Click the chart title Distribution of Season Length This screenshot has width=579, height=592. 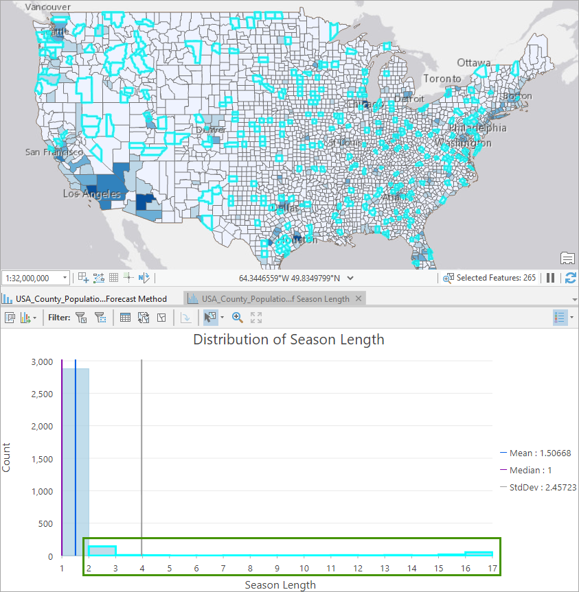point(288,340)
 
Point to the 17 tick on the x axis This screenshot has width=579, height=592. point(492,568)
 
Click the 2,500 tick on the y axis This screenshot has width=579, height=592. point(42,394)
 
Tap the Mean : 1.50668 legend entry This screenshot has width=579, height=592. point(541,453)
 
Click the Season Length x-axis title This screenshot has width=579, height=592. point(280,584)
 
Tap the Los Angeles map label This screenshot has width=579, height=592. point(91,194)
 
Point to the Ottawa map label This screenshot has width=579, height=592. point(474,62)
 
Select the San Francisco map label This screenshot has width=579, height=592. point(54,152)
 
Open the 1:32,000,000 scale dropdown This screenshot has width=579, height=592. point(65,278)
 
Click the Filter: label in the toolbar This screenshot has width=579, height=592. point(59,318)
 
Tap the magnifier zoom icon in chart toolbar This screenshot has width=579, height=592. point(238,318)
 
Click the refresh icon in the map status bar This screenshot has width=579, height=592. point(571,278)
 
